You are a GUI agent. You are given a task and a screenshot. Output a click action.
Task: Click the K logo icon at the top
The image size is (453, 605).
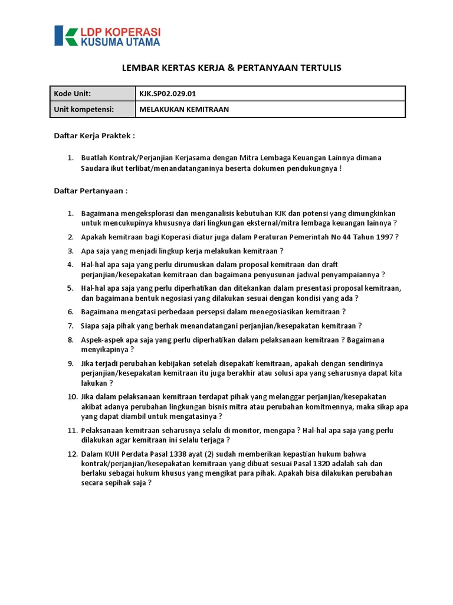pyautogui.click(x=65, y=35)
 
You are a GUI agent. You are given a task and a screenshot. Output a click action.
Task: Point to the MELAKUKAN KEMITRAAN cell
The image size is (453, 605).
pyautogui.click(x=184, y=109)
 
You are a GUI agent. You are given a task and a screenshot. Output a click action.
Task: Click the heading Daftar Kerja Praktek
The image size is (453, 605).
pyautogui.click(x=94, y=135)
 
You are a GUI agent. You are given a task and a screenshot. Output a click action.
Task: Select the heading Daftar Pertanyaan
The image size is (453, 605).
pyautogui.click(x=91, y=191)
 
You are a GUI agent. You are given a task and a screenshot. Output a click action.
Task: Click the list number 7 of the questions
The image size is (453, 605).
pyautogui.click(x=70, y=326)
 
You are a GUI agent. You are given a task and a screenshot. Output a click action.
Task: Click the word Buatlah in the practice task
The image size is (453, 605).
pyautogui.click(x=95, y=158)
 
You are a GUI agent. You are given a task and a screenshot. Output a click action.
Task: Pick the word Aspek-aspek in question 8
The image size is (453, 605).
pyautogui.click(x=103, y=340)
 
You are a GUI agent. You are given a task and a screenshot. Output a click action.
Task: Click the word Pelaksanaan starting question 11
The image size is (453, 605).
pyautogui.click(x=104, y=430)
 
